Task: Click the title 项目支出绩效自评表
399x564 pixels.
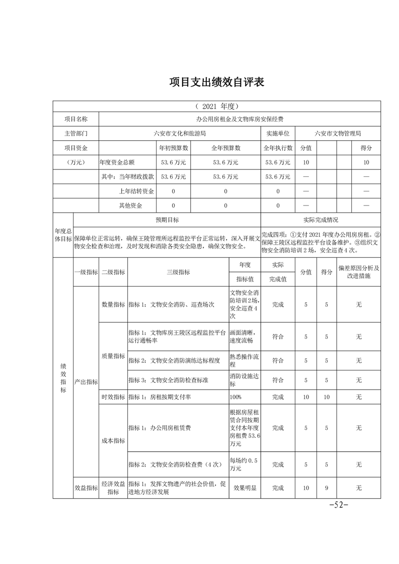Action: pyautogui.click(x=216, y=82)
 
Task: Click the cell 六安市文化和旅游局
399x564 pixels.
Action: pyautogui.click(x=180, y=134)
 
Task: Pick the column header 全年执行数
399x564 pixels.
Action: pyautogui.click(x=278, y=148)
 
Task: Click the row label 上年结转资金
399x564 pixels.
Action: pyautogui.click(x=136, y=192)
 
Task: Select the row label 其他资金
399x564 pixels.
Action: pyautogui.click(x=130, y=206)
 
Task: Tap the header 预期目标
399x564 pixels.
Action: pyautogui.click(x=167, y=220)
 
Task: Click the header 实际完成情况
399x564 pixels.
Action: pyautogui.click(x=321, y=220)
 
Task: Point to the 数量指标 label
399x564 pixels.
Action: pyautogui.click(x=113, y=305)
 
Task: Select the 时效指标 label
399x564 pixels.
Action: pyautogui.click(x=113, y=397)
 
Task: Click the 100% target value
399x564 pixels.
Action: pyautogui.click(x=235, y=397)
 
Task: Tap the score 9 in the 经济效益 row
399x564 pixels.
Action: pyautogui.click(x=327, y=488)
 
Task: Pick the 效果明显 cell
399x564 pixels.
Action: pyautogui.click(x=245, y=488)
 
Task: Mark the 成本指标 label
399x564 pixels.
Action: pyautogui.click(x=113, y=440)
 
